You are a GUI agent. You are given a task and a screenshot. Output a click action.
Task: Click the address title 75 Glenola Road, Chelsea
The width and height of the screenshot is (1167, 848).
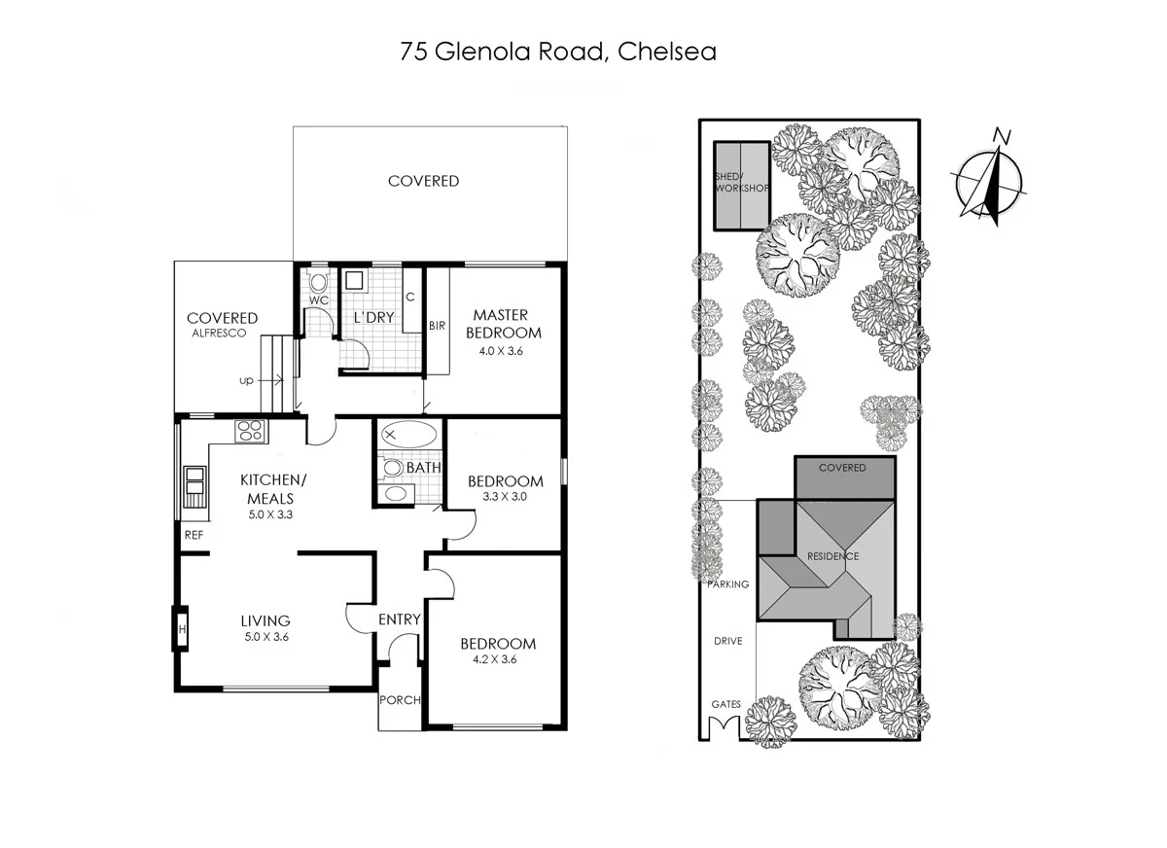pyautogui.click(x=558, y=52)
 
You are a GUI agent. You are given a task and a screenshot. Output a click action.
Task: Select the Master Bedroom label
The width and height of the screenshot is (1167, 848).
pyautogui.click(x=501, y=324)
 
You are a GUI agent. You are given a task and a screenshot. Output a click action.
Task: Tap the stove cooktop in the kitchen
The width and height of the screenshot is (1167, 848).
pyautogui.click(x=250, y=430)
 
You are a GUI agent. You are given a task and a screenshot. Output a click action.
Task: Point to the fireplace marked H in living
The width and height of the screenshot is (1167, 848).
pyautogui.click(x=182, y=629)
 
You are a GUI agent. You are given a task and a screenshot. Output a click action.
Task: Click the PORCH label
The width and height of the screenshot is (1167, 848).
pyautogui.click(x=400, y=699)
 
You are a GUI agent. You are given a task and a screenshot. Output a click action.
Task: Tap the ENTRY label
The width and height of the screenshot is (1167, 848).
pyautogui.click(x=399, y=619)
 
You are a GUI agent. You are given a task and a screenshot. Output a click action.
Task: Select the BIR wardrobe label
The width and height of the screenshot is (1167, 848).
pyautogui.click(x=437, y=326)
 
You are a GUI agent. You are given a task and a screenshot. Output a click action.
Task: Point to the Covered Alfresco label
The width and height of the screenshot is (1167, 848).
pyautogui.click(x=222, y=324)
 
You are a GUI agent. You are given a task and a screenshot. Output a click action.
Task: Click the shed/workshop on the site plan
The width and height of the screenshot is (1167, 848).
pyautogui.click(x=741, y=186)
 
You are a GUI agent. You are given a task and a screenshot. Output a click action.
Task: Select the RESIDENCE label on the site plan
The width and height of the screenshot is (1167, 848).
pyautogui.click(x=832, y=556)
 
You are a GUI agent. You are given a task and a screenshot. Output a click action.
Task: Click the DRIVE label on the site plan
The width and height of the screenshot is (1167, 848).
pyautogui.click(x=728, y=642)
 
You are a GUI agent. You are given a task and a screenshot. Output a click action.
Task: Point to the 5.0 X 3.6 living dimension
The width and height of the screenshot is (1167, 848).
pyautogui.click(x=265, y=637)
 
